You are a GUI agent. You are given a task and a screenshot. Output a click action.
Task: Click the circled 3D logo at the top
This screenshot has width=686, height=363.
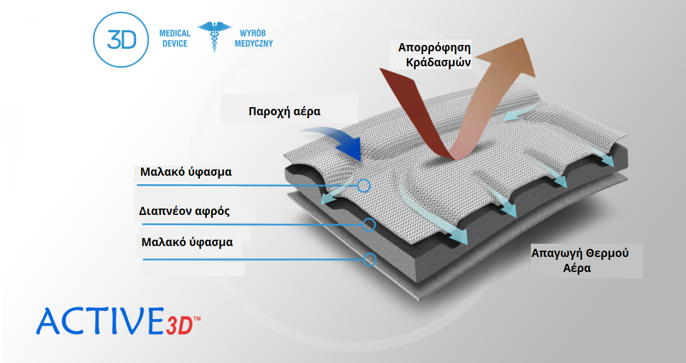(120, 40)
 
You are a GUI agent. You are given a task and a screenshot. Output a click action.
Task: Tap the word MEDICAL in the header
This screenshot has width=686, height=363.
(175, 33)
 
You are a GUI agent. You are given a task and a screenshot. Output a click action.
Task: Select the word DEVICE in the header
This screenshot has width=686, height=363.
(175, 44)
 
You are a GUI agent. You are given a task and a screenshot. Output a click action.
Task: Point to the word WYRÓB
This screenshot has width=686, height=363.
(252, 33)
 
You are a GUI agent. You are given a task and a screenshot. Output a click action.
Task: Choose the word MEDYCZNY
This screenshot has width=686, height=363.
(254, 44)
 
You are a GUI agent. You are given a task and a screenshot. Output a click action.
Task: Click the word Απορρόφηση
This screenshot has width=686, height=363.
(435, 48)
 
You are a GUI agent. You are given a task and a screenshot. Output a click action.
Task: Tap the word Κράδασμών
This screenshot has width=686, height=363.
(438, 63)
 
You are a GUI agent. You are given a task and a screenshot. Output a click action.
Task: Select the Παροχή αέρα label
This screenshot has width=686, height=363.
(284, 112)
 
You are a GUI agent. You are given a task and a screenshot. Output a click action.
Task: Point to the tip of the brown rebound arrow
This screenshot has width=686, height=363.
(523, 38)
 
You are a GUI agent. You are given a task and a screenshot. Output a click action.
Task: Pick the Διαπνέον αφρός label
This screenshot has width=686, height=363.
(184, 211)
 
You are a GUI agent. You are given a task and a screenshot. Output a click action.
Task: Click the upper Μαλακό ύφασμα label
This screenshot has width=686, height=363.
(186, 172)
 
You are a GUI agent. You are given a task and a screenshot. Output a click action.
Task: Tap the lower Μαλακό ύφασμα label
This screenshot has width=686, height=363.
(187, 242)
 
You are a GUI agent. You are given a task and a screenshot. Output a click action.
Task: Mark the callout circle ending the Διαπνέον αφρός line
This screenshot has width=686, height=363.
(370, 225)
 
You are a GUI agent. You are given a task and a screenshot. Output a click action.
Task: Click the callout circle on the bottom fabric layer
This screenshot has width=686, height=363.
(370, 259)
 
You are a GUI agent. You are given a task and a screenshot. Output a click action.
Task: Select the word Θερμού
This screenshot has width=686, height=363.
(607, 253)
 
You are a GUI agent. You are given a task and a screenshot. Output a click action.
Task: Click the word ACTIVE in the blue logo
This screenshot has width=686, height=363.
(100, 321)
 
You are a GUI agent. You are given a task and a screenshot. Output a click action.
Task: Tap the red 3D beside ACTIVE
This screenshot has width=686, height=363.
(179, 326)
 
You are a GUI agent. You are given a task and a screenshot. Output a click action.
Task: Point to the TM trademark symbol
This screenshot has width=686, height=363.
(197, 319)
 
